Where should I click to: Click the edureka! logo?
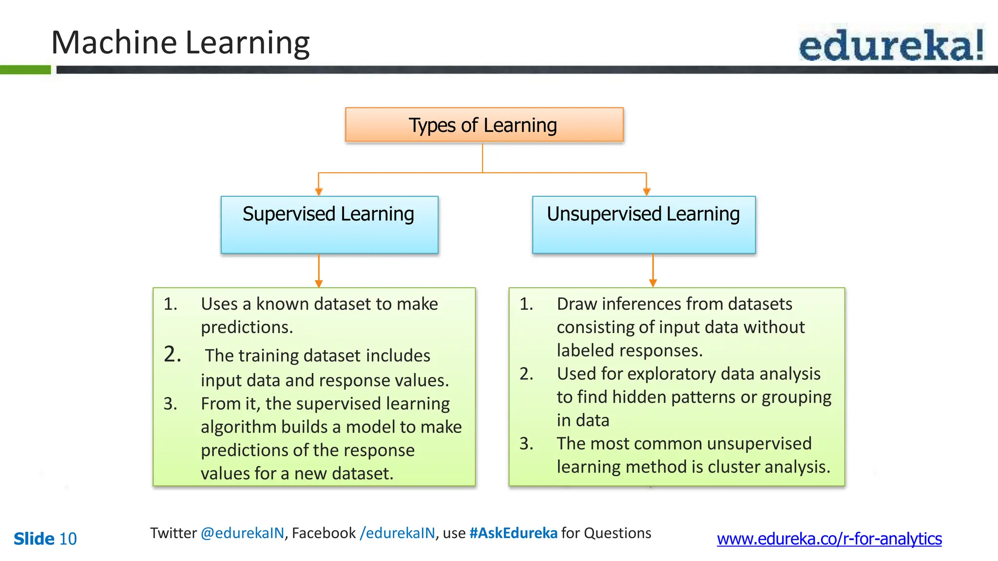pos(891,45)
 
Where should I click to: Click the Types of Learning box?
pos(484,125)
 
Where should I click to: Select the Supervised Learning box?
pos(329,224)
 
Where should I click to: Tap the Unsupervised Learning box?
pos(643,224)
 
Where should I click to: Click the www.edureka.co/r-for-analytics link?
pos(829,539)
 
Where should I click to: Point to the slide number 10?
pos(68,539)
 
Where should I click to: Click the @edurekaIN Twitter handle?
pos(242,533)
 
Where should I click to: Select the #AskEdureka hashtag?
pos(513,533)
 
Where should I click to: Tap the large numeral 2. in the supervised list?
pos(173,354)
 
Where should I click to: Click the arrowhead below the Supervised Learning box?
pos(319,283)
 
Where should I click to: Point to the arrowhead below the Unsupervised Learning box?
pos(653,283)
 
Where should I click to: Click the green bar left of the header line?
pos(25,70)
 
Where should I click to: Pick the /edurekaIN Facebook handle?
pos(397,533)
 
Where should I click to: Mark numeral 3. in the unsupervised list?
pos(526,444)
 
